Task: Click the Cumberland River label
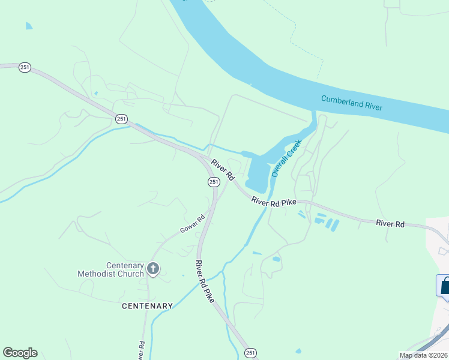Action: (x=352, y=103)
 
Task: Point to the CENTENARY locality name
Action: (x=147, y=306)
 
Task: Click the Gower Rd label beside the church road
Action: (x=193, y=224)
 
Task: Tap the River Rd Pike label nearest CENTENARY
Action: (x=205, y=281)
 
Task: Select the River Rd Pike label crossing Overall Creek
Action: (x=274, y=202)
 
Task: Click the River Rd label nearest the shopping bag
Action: (x=390, y=223)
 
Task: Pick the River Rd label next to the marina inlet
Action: (x=222, y=169)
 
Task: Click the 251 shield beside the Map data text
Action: (x=250, y=352)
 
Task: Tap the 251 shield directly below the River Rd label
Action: (x=213, y=181)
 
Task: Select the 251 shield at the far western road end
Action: (x=25, y=68)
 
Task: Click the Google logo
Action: (x=20, y=353)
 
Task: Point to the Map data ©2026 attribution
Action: (x=423, y=355)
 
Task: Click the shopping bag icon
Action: (x=445, y=286)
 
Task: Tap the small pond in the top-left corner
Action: (x=28, y=26)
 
